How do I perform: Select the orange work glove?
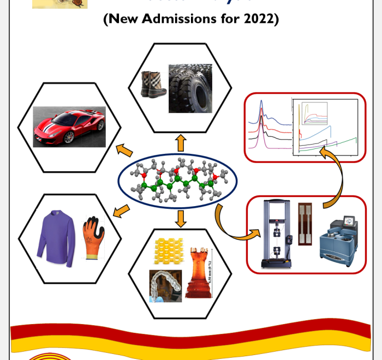click(x=92, y=238)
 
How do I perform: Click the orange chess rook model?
click(x=200, y=272)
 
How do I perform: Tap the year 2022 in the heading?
click(x=259, y=20)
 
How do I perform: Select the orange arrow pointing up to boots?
click(x=181, y=143)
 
